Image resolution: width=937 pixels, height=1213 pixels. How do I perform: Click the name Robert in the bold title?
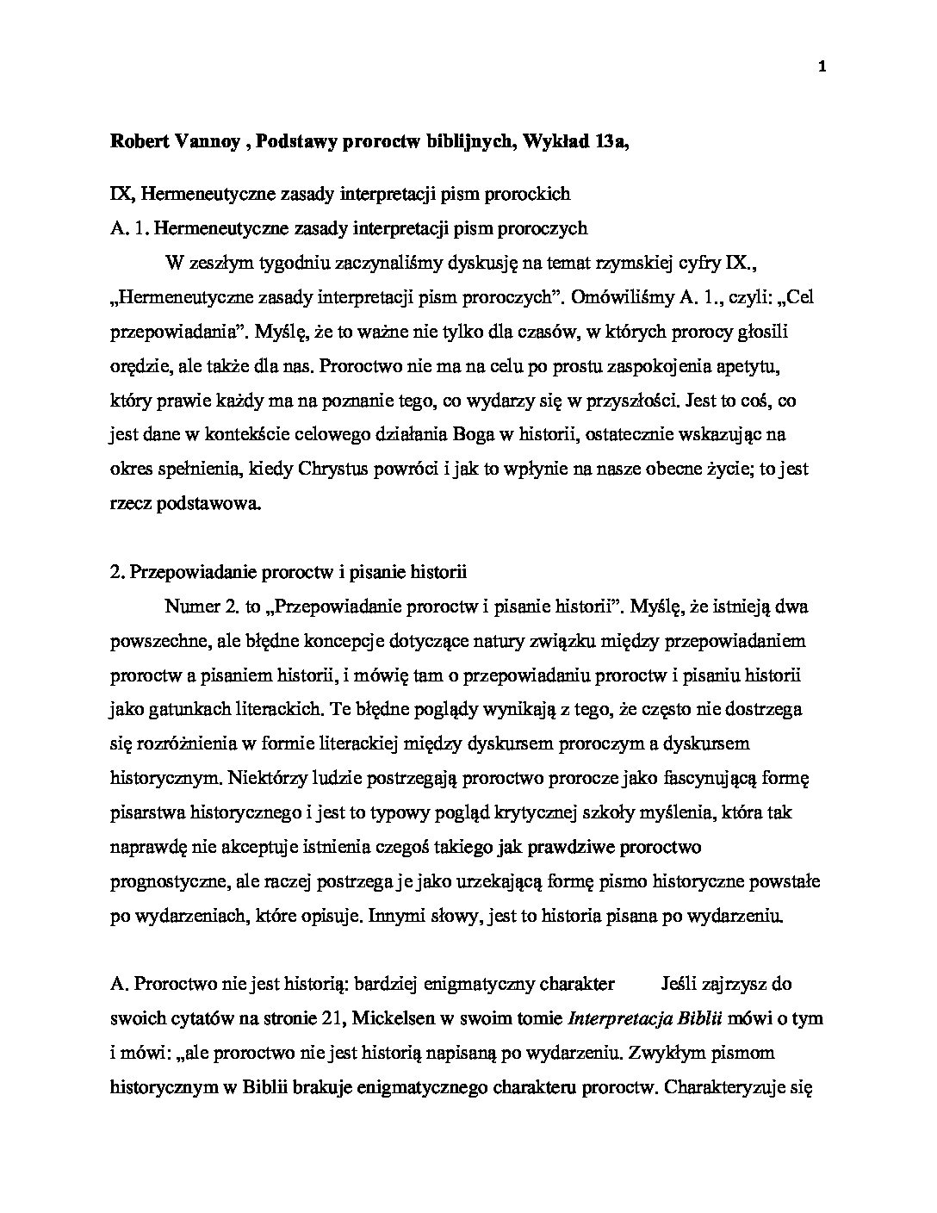coord(140,141)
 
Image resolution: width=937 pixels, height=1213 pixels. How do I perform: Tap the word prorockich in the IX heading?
coord(529,194)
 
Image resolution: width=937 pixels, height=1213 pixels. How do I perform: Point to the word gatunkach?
coord(180,710)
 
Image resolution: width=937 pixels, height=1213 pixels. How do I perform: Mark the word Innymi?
coord(394,917)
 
